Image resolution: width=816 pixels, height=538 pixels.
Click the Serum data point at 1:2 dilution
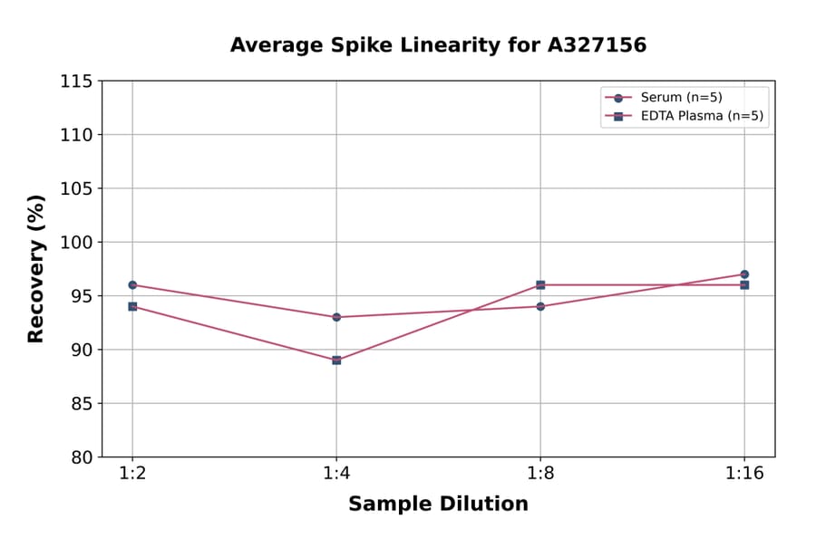coord(132,284)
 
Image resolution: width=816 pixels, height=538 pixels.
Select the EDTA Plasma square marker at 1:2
coord(132,306)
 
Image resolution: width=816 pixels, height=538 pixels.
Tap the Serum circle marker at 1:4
coord(336,317)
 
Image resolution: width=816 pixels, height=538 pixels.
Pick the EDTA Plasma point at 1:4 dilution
coord(336,360)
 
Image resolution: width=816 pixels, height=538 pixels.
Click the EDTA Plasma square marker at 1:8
coord(540,284)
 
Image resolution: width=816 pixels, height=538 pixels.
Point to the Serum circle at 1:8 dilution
coord(540,306)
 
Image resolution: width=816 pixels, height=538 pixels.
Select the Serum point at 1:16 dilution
coord(744,274)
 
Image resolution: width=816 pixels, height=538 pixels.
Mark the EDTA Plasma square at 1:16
coord(744,284)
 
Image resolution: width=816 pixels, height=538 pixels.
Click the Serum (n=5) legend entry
coord(681,98)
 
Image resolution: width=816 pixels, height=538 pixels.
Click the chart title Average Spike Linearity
coord(438,45)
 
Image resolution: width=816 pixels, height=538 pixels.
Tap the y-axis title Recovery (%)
coord(35,268)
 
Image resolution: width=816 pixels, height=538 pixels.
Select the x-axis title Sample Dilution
coord(438,504)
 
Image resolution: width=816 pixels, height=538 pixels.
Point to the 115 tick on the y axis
coord(76,82)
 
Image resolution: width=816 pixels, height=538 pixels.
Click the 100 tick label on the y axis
coord(76,242)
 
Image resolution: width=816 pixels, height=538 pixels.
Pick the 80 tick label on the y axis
coord(82,457)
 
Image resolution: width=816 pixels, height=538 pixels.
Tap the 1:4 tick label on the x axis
coord(336,475)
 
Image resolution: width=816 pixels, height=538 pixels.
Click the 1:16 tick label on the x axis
coord(744,475)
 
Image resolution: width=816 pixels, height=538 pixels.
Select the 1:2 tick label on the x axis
coord(132,475)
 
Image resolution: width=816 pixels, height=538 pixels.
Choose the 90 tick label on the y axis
coord(82,350)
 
